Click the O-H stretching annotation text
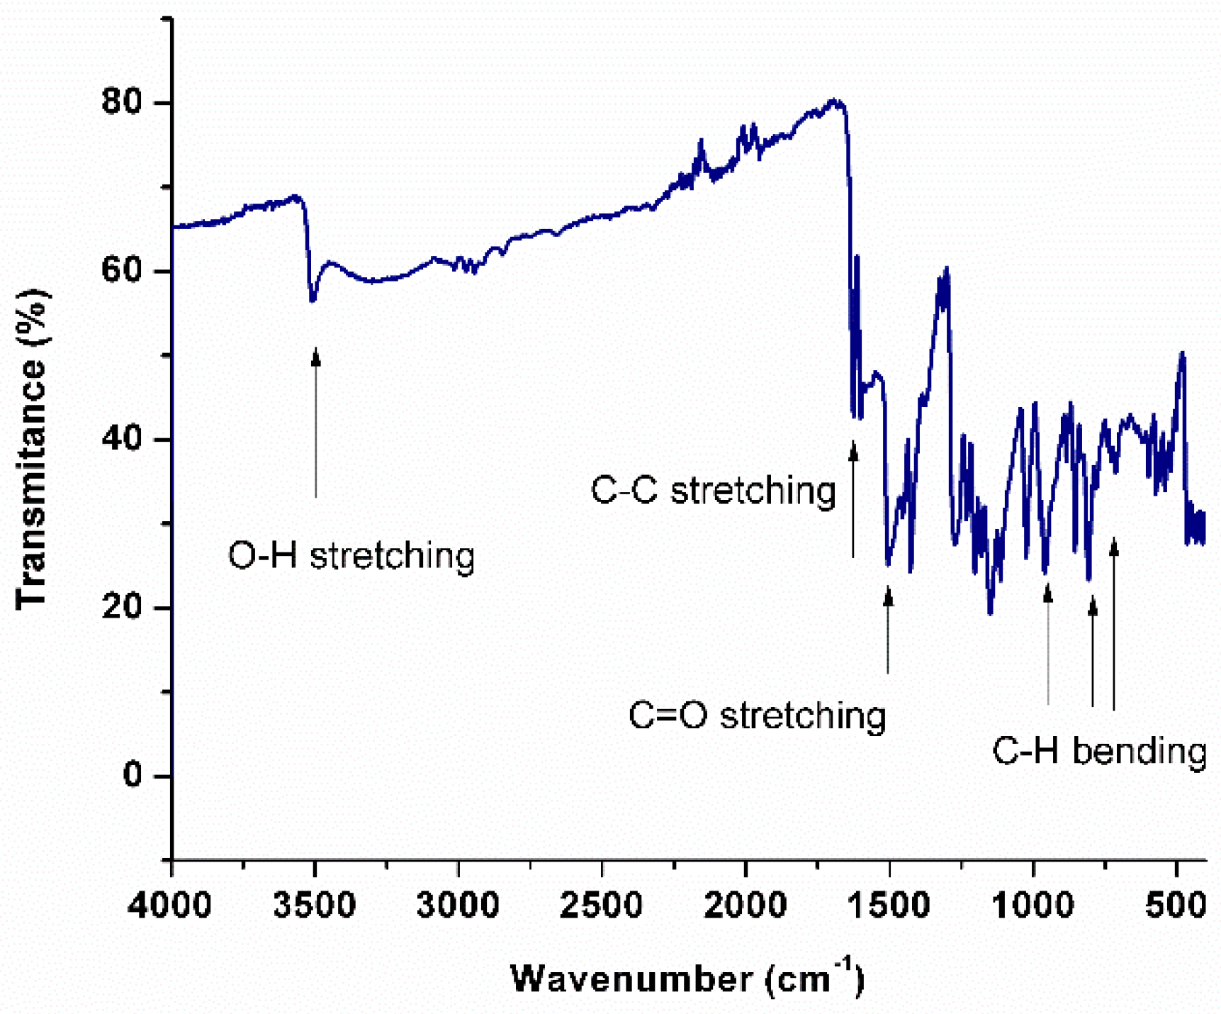(351, 555)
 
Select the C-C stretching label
(713, 490)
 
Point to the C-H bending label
(1098, 750)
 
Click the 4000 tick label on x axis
(170, 906)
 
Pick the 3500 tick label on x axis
(315, 906)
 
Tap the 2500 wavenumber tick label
(601, 906)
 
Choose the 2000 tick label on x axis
(745, 906)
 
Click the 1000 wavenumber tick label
(1032, 906)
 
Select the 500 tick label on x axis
(1176, 906)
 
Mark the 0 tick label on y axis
(135, 775)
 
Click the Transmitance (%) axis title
(32, 448)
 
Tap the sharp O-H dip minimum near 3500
(313, 301)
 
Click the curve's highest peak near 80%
(835, 101)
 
